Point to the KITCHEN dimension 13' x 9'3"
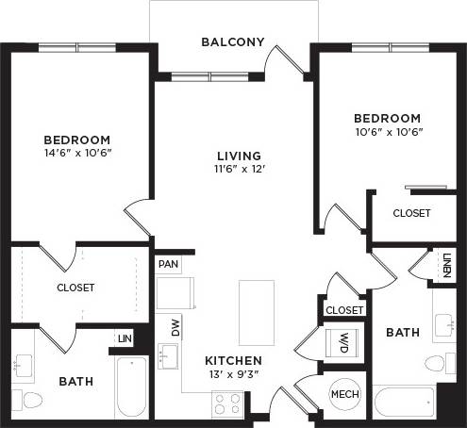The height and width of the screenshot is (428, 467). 233,374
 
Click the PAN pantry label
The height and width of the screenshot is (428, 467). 169,264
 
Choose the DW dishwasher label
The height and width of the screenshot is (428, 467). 175,327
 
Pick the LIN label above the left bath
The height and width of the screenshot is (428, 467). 124,337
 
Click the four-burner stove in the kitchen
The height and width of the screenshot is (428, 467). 227,404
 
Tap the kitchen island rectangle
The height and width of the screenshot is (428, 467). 256,311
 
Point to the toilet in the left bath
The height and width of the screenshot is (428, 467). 30,399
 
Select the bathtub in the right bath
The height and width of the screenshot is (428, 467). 404,403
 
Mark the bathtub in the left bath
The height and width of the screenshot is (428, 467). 131,387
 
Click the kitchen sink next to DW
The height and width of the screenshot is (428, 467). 170,357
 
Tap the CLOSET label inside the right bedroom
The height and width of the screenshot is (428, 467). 411,213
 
